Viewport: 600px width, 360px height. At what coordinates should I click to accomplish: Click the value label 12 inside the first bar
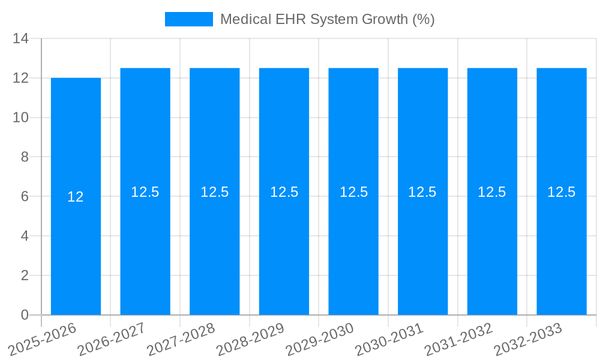pyautogui.click(x=76, y=197)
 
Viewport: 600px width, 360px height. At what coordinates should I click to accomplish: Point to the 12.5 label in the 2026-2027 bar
pyautogui.click(x=145, y=192)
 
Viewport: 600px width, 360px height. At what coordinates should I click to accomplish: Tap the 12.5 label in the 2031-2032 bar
pyautogui.click(x=492, y=192)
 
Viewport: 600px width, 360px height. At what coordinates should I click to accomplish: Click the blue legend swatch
pyautogui.click(x=188, y=19)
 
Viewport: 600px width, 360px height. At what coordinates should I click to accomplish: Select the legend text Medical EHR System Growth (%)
pyautogui.click(x=327, y=19)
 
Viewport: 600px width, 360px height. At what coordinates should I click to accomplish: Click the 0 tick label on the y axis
pyautogui.click(x=25, y=315)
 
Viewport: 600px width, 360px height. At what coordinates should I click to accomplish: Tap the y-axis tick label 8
pyautogui.click(x=25, y=157)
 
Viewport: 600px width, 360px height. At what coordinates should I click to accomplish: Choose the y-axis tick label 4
pyautogui.click(x=25, y=236)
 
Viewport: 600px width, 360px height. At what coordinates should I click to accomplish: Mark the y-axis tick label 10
pyautogui.click(x=21, y=118)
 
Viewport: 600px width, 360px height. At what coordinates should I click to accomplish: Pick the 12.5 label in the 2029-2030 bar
pyautogui.click(x=353, y=192)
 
